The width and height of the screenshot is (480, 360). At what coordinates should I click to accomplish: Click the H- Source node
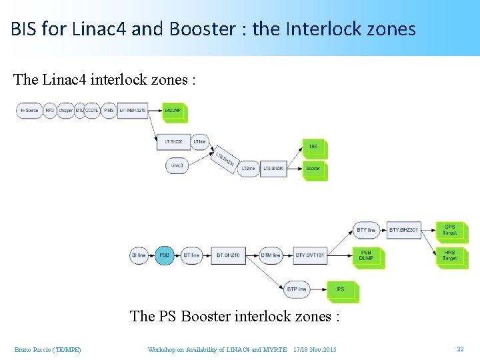(28, 110)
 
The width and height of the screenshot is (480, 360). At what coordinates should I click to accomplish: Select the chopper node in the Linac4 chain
(65, 110)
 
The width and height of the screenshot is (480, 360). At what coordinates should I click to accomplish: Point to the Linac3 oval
(177, 165)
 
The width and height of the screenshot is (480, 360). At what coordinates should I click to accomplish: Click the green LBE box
(313, 147)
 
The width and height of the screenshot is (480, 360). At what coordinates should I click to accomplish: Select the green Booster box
(313, 168)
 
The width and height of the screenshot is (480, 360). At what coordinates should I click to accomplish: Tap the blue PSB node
(165, 255)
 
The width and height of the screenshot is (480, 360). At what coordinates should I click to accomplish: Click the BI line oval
(139, 255)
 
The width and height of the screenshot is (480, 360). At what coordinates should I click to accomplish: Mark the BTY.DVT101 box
(309, 255)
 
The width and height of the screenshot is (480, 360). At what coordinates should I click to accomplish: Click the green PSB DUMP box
(367, 256)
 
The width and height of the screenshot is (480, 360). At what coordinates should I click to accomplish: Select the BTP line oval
(297, 289)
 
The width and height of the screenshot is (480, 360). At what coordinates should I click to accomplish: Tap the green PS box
(341, 289)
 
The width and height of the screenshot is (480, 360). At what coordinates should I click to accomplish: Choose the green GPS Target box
(450, 230)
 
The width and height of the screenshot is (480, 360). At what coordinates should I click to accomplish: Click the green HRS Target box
(450, 255)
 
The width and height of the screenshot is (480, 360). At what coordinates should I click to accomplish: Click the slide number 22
(460, 349)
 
